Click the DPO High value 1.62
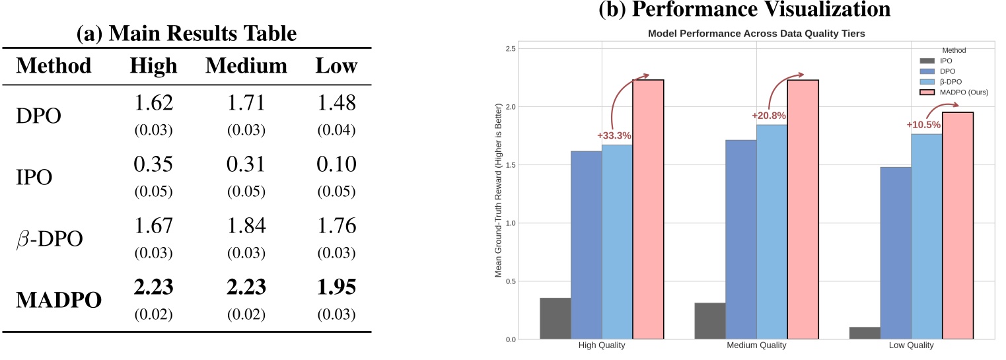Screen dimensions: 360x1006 pos(154,103)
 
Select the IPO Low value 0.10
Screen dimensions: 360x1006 pos(336,165)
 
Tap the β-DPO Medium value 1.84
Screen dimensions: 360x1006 pos(246,227)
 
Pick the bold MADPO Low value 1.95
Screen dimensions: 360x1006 pos(336,287)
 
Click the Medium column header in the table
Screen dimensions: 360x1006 pos(246,66)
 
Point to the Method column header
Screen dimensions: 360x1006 pos(54,66)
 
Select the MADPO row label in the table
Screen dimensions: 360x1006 pos(59,300)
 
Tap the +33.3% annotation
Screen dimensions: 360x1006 pos(614,135)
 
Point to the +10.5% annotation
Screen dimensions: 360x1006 pos(923,125)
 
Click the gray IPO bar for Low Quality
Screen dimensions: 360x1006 pos(865,333)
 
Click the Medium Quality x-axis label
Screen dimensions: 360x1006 pos(756,345)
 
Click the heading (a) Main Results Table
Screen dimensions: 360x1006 pos(186,34)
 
